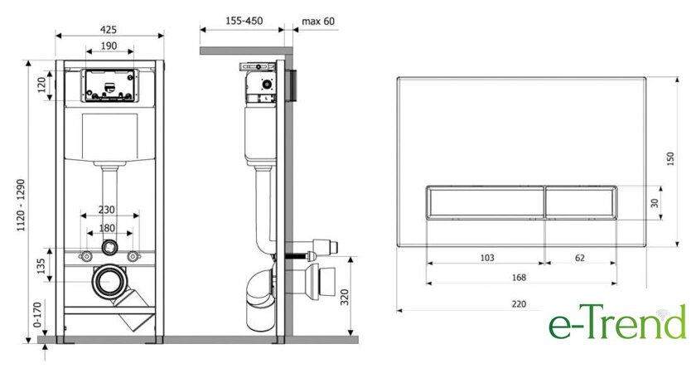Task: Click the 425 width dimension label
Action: (x=109, y=29)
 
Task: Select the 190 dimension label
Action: (x=109, y=46)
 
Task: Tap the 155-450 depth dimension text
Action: (x=244, y=21)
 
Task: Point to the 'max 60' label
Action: (x=318, y=22)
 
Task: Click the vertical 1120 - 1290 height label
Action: (x=21, y=205)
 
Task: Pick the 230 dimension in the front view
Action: (x=107, y=209)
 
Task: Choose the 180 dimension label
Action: (x=107, y=228)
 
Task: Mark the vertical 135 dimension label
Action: (x=41, y=266)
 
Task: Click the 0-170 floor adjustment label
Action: (x=38, y=315)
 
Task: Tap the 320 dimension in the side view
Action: (x=345, y=297)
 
